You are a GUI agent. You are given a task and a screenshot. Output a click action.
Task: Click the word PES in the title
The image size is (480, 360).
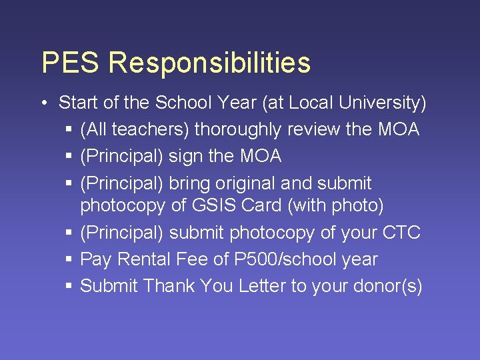(70, 63)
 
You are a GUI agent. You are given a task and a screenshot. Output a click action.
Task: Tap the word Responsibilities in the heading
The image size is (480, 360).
(209, 63)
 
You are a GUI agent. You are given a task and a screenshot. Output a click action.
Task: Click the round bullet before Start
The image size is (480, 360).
(43, 103)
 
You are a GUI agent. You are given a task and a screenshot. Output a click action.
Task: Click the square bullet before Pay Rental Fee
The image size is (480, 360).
(69, 260)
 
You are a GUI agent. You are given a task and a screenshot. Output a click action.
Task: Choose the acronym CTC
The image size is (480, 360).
(401, 233)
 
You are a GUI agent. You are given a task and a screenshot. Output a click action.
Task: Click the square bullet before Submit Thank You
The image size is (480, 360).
(69, 287)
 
